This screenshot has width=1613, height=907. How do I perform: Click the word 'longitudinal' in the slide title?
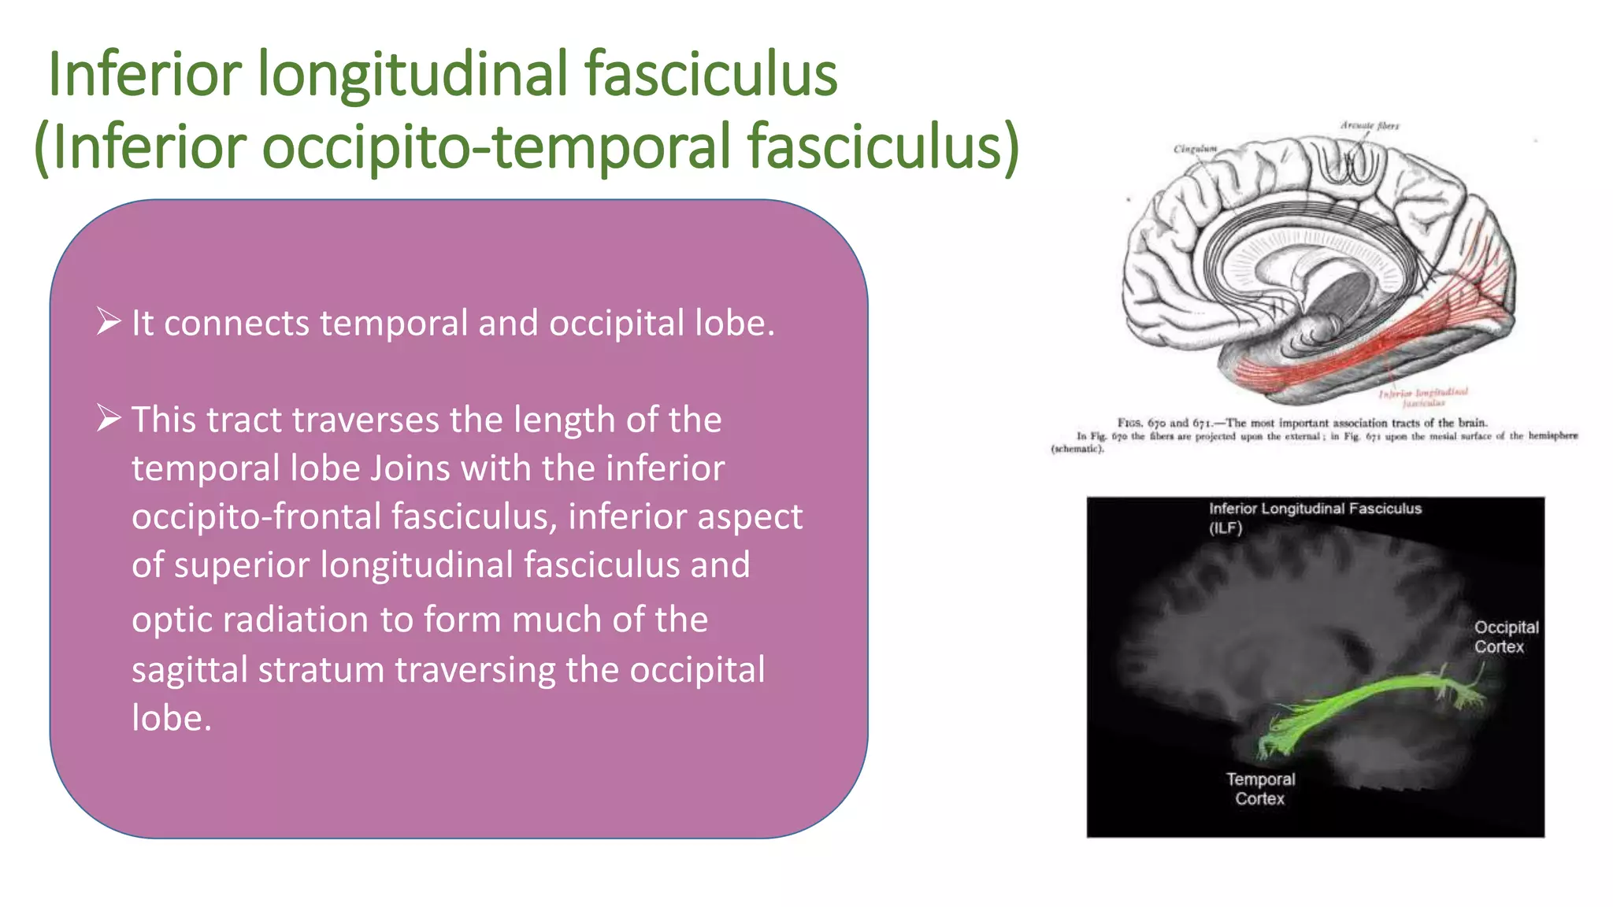413,74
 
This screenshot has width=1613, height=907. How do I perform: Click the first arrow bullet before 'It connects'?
109,321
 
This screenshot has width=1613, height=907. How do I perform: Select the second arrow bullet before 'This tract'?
109,417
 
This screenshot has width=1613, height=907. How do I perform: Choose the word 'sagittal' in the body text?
188,670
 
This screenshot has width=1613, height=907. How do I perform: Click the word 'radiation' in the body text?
295,620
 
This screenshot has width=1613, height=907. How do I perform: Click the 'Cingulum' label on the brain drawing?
1195,149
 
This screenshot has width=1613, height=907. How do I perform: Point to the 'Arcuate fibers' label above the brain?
1370,125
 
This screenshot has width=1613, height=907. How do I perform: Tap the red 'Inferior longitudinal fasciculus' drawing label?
1423,396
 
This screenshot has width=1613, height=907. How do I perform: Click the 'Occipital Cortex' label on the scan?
1505,637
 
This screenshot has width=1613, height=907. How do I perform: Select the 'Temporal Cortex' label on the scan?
1260,788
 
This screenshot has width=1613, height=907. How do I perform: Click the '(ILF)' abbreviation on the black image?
1226,528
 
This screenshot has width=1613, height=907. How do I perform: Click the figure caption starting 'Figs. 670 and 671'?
1302,423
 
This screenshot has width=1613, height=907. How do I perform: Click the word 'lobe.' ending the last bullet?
172,718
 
